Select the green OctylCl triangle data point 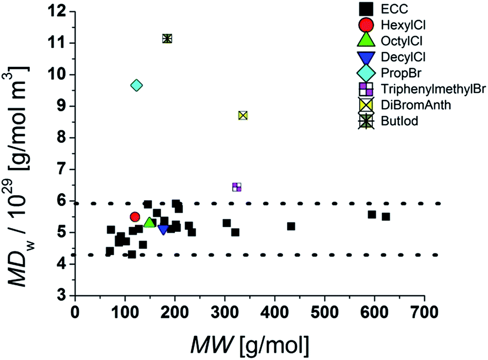149,222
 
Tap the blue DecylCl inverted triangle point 163,229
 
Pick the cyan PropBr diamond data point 136,85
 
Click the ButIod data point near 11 167,38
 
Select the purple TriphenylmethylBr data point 236,187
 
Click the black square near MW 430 291,226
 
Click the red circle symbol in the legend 366,24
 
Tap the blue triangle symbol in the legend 366,56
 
